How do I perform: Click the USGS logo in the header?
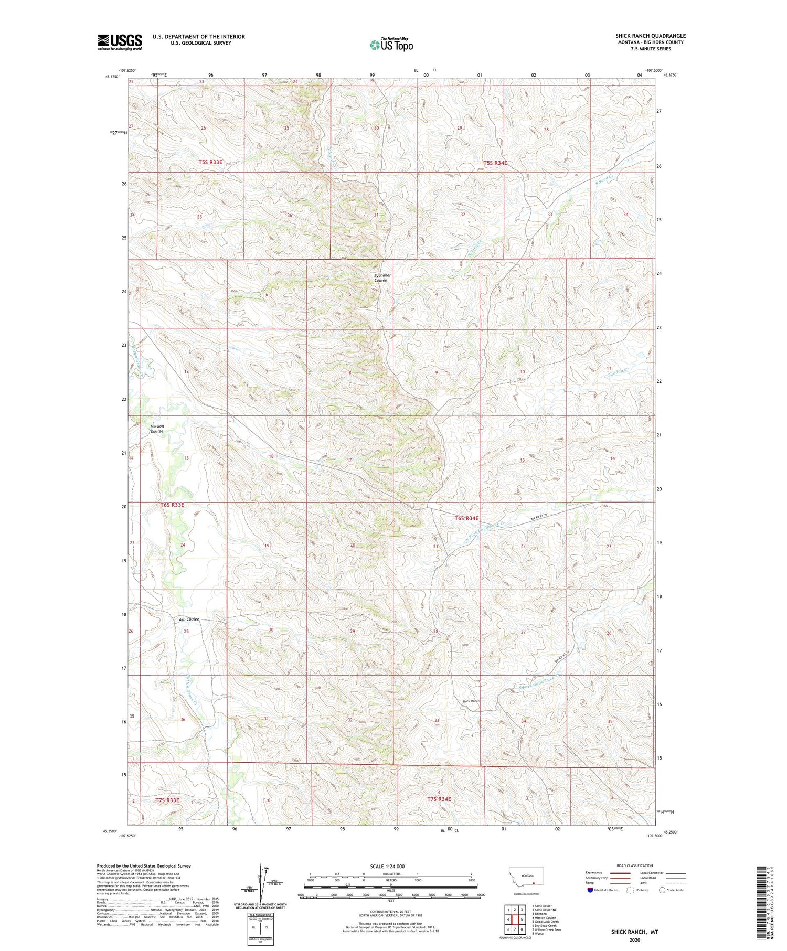pos(120,42)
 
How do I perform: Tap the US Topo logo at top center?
pos(391,45)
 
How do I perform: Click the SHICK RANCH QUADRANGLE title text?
pos(651,36)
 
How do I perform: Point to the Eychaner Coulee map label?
pos(382,278)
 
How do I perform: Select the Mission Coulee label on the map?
pos(157,429)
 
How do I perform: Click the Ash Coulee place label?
pos(189,619)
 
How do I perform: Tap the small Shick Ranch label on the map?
pos(471,701)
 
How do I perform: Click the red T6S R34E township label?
pos(466,518)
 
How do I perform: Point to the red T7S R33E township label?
pos(167,800)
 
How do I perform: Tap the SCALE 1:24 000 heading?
pos(387,866)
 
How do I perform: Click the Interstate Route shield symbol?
pos(590,890)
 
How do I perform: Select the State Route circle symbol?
pos(662,890)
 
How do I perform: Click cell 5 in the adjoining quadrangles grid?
pos(522,920)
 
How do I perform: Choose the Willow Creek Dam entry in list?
pos(546,930)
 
